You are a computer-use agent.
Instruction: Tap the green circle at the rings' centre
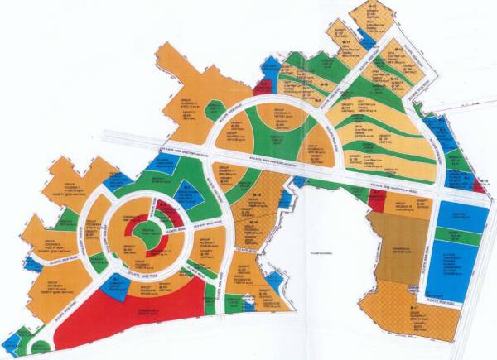click(x=147, y=228)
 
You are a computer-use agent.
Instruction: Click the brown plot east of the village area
click(x=398, y=248)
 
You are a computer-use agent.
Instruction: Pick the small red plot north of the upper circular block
click(x=263, y=85)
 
